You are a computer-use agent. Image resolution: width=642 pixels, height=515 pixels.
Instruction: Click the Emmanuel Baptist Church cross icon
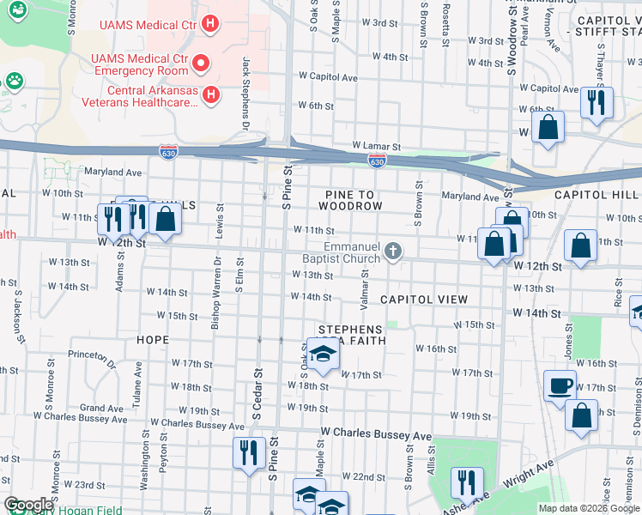[x=393, y=251]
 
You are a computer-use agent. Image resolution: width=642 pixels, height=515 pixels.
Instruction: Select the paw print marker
[x=14, y=81]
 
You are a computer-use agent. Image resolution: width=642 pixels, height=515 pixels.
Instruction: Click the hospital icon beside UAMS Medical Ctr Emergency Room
[x=201, y=63]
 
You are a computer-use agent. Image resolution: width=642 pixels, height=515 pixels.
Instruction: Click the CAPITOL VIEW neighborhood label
[x=423, y=300]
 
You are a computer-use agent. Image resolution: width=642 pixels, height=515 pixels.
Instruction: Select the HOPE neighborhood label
[x=153, y=340]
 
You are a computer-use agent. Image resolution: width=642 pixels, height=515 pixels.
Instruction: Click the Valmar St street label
[x=365, y=288]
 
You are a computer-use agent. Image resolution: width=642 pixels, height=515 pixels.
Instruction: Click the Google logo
[x=28, y=505]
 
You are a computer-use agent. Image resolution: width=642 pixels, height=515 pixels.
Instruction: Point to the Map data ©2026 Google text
[x=588, y=508]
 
